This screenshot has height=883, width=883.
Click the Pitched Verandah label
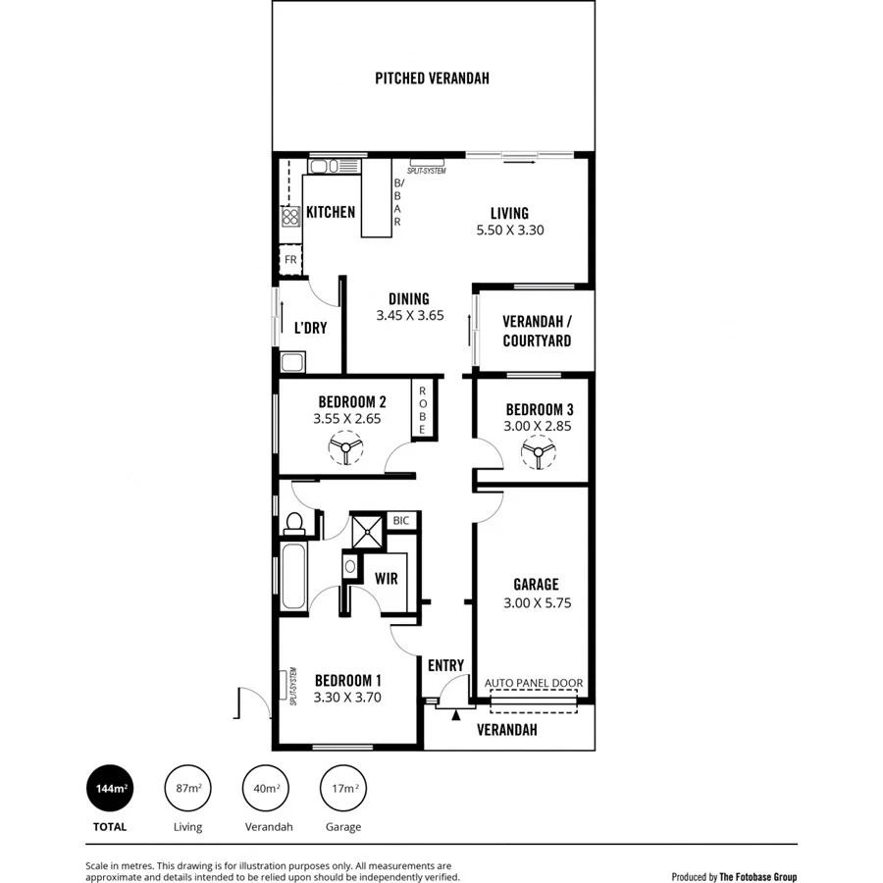coord(432,78)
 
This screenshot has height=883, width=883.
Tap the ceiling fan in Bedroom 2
coord(345,450)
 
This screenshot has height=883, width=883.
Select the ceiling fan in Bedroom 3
coord(537,452)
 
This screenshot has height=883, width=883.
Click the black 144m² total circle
coord(110,789)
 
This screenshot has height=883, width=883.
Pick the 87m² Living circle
coord(188,789)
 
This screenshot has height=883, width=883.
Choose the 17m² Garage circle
coord(343,789)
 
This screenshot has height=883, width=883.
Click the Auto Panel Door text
coord(534,684)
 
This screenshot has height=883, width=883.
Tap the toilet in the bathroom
coord(293,524)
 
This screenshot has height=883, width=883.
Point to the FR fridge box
coord(290,260)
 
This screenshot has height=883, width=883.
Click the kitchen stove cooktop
coord(290,217)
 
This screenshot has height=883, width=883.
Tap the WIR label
coord(386,579)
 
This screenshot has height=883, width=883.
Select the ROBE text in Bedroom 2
coord(423,410)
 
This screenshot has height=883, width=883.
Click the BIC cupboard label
coord(401,521)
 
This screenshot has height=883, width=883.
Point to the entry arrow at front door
coord(455,715)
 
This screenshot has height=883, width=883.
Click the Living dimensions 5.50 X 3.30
coord(509,231)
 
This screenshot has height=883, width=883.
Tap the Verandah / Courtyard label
coord(536,332)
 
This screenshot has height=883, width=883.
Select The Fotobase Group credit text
coord(758,876)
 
